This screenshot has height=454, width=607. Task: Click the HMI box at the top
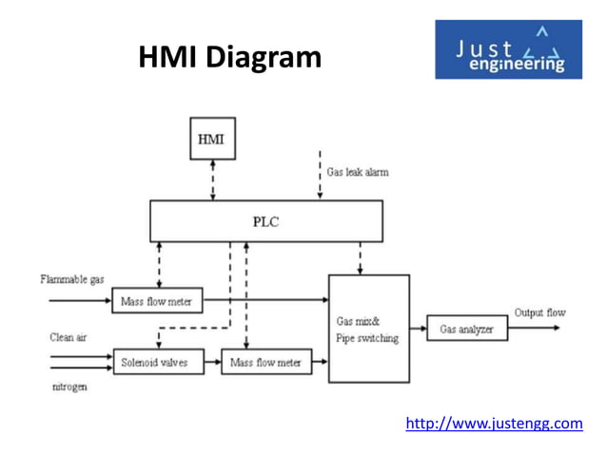click(212, 139)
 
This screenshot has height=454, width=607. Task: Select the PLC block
click(265, 221)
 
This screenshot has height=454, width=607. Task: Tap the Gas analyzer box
click(466, 329)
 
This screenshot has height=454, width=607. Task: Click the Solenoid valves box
click(157, 362)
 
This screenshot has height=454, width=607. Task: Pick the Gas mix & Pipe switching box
click(368, 329)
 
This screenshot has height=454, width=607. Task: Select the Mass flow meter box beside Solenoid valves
click(266, 362)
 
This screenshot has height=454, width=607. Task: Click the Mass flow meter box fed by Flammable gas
click(157, 302)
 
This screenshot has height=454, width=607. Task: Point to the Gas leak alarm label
click(357, 172)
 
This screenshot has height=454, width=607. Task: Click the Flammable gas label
click(72, 279)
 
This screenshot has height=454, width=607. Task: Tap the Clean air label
click(69, 337)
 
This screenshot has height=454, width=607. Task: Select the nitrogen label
click(69, 388)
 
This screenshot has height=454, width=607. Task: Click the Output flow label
click(539, 312)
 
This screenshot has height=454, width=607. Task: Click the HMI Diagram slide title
click(230, 58)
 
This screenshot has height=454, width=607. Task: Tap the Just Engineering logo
click(508, 49)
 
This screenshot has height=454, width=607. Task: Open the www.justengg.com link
click(494, 423)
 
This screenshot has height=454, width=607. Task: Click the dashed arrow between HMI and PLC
click(212, 180)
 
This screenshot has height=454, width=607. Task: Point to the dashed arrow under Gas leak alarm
click(320, 175)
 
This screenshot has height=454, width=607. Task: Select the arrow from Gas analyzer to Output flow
click(535, 329)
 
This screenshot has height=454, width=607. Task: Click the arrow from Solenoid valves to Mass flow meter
click(212, 362)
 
